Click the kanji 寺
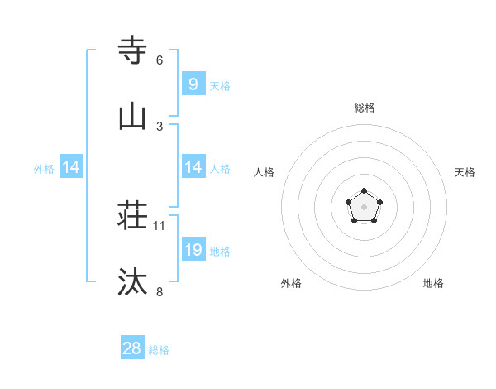tap(132, 51)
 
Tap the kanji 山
tap(132, 118)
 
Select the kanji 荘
tap(132, 217)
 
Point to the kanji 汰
tap(132, 283)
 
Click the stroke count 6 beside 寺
tap(160, 60)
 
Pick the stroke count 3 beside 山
tap(160, 127)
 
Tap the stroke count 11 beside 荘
tap(160, 226)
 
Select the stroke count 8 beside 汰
tap(160, 292)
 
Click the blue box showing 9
tap(193, 84)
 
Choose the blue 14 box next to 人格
tap(193, 167)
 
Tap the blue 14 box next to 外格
tap(70, 167)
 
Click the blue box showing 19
tap(193, 250)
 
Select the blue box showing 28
tap(131, 348)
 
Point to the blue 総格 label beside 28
tap(159, 350)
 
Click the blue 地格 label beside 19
tap(220, 251)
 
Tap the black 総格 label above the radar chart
tap(365, 108)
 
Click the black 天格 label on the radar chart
tap(465, 172)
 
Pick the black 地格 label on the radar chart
tap(433, 283)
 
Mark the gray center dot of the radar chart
tap(365, 207)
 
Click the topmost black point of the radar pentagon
tap(365, 191)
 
